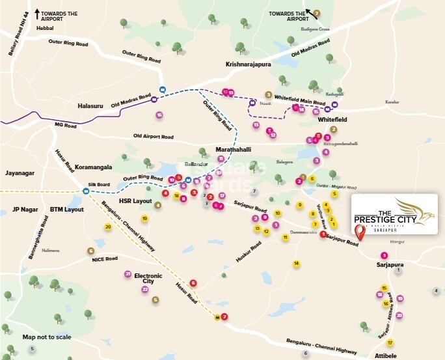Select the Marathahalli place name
point(233,150)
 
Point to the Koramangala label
point(88,167)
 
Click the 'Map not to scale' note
point(47,337)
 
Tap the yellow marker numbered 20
point(108,227)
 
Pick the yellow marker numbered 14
point(296,264)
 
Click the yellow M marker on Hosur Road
point(217,318)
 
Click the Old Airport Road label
point(154,137)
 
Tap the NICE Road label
point(104,258)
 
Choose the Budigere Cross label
point(315,29)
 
